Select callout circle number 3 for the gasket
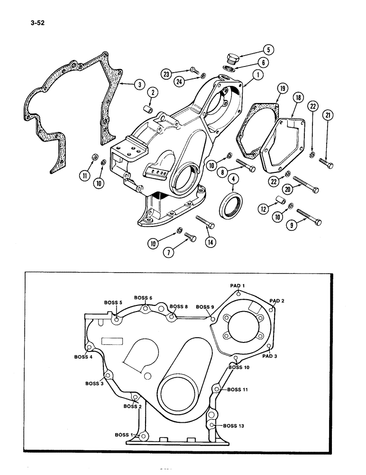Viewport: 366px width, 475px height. (138, 85)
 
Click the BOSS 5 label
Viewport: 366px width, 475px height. (113, 302)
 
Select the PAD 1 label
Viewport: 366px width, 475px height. (237, 285)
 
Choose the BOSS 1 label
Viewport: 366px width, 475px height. (124, 435)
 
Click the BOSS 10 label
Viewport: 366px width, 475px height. (239, 367)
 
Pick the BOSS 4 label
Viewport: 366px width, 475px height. (83, 357)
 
